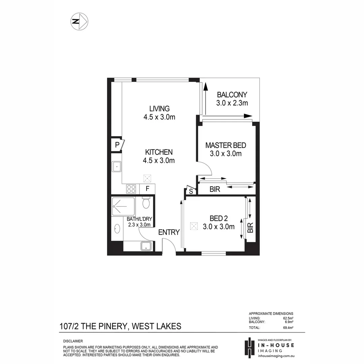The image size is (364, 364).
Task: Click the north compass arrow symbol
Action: [79, 22]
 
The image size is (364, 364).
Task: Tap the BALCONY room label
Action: [232, 95]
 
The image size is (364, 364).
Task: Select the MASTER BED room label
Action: [226, 146]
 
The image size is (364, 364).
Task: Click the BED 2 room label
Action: [218, 218]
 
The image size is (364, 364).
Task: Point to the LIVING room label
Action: [159, 109]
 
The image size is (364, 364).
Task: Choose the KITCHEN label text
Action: [159, 152]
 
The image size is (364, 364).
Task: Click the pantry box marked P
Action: [117, 145]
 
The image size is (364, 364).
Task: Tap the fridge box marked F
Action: [147, 189]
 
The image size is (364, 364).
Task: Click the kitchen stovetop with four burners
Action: [131, 189]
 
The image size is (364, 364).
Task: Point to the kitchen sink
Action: [117, 166]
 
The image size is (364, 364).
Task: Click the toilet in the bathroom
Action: [146, 203]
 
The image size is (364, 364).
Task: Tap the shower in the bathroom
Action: [123, 206]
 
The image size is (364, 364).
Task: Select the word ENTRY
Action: [169, 232]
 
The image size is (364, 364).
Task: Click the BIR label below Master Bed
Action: [215, 189]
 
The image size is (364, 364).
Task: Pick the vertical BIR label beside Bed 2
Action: [250, 228]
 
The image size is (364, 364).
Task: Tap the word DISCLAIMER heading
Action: [73, 341]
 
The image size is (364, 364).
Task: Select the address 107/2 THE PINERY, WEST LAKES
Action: [120, 326]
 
